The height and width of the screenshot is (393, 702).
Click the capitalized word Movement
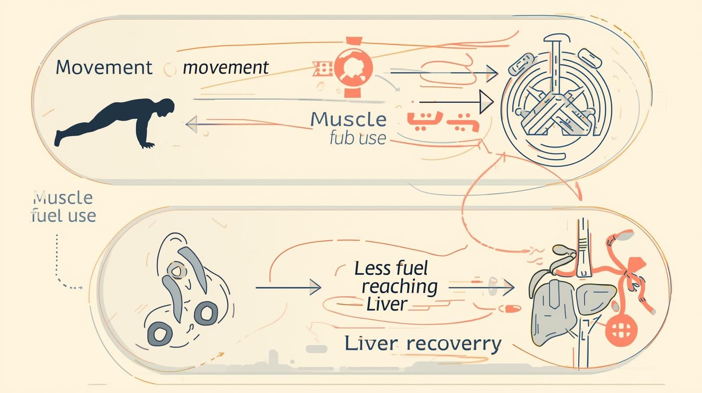pyautogui.click(x=104, y=68)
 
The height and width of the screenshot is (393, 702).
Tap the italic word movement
pyautogui.click(x=226, y=68)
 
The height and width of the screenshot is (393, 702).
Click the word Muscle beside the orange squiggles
pyautogui.click(x=349, y=120)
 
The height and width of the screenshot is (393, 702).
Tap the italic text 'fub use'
pyautogui.click(x=358, y=138)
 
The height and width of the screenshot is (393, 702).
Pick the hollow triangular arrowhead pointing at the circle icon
pyautogui.click(x=486, y=102)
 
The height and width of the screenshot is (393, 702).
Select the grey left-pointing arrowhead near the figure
pyautogui.click(x=192, y=124)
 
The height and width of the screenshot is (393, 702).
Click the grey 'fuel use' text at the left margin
pyautogui.click(x=64, y=216)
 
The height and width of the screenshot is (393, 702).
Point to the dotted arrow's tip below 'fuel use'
pyautogui.click(x=81, y=288)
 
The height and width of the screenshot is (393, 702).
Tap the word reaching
pyautogui.click(x=399, y=286)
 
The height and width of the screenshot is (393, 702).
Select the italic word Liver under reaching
pyautogui.click(x=387, y=304)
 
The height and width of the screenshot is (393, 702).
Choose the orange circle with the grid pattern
pyautogui.click(x=621, y=330)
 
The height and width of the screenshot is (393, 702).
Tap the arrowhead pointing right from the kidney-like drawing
pyautogui.click(x=315, y=287)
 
